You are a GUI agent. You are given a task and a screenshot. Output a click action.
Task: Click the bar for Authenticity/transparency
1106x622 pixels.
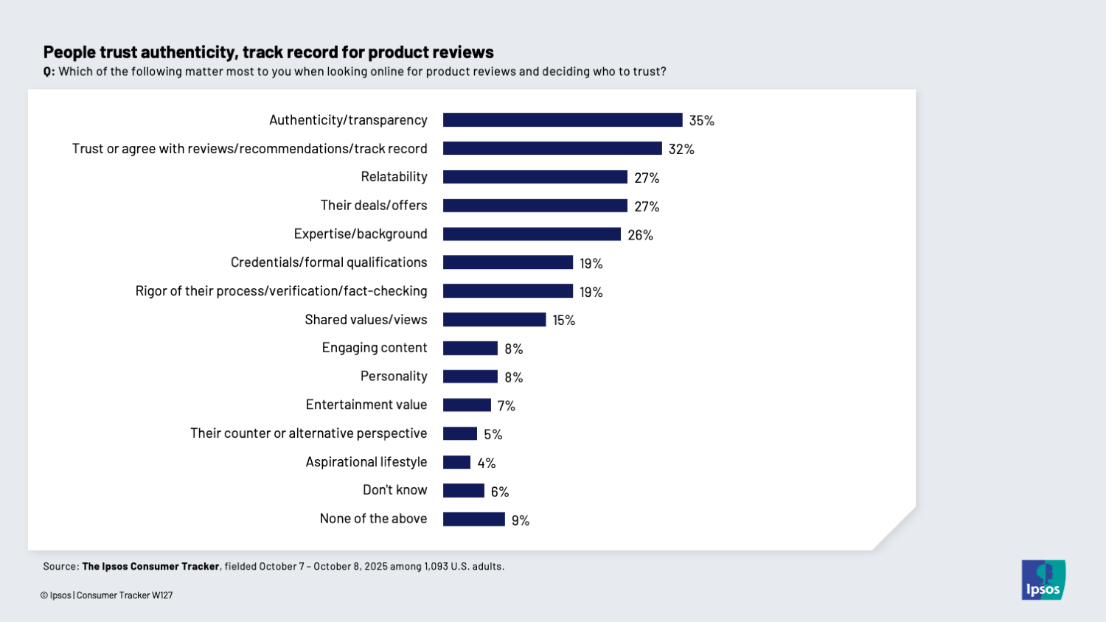click(x=562, y=120)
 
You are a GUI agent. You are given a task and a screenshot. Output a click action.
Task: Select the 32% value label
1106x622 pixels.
click(x=681, y=149)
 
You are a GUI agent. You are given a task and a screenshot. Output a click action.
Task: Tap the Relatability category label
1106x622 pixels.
click(x=394, y=177)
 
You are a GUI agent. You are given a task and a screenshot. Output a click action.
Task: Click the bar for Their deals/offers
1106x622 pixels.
click(x=535, y=206)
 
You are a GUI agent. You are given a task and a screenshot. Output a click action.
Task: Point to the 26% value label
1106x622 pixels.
click(x=640, y=235)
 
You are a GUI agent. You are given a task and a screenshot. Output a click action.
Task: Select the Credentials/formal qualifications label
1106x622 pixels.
click(x=329, y=262)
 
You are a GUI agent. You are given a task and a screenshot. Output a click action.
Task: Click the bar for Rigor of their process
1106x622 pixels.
click(x=507, y=291)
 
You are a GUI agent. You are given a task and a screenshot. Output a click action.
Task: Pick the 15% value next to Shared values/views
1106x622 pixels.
click(x=563, y=321)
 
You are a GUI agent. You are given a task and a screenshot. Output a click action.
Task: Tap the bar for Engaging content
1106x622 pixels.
click(x=470, y=349)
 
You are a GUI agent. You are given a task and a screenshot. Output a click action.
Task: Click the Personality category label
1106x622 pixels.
click(x=394, y=377)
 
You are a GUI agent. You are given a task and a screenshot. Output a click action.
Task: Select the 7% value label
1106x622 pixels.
click(x=506, y=406)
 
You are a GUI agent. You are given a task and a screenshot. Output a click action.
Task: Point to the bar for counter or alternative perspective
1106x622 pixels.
click(x=459, y=434)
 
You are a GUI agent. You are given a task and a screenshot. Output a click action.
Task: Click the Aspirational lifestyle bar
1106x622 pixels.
click(x=456, y=462)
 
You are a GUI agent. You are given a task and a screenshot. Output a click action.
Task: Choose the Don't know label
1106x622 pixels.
click(x=394, y=490)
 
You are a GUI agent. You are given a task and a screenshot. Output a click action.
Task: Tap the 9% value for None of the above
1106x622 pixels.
click(x=520, y=520)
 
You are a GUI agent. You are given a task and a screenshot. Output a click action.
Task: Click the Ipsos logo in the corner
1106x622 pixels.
click(x=1043, y=580)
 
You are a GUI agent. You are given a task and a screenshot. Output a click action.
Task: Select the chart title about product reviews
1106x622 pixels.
click(x=268, y=52)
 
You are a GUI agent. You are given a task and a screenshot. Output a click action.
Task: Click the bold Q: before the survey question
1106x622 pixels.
click(x=49, y=72)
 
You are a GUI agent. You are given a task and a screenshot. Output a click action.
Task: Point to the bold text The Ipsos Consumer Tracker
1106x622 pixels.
click(x=150, y=567)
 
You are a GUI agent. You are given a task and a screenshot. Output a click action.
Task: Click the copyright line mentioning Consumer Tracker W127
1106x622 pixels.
click(x=107, y=595)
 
